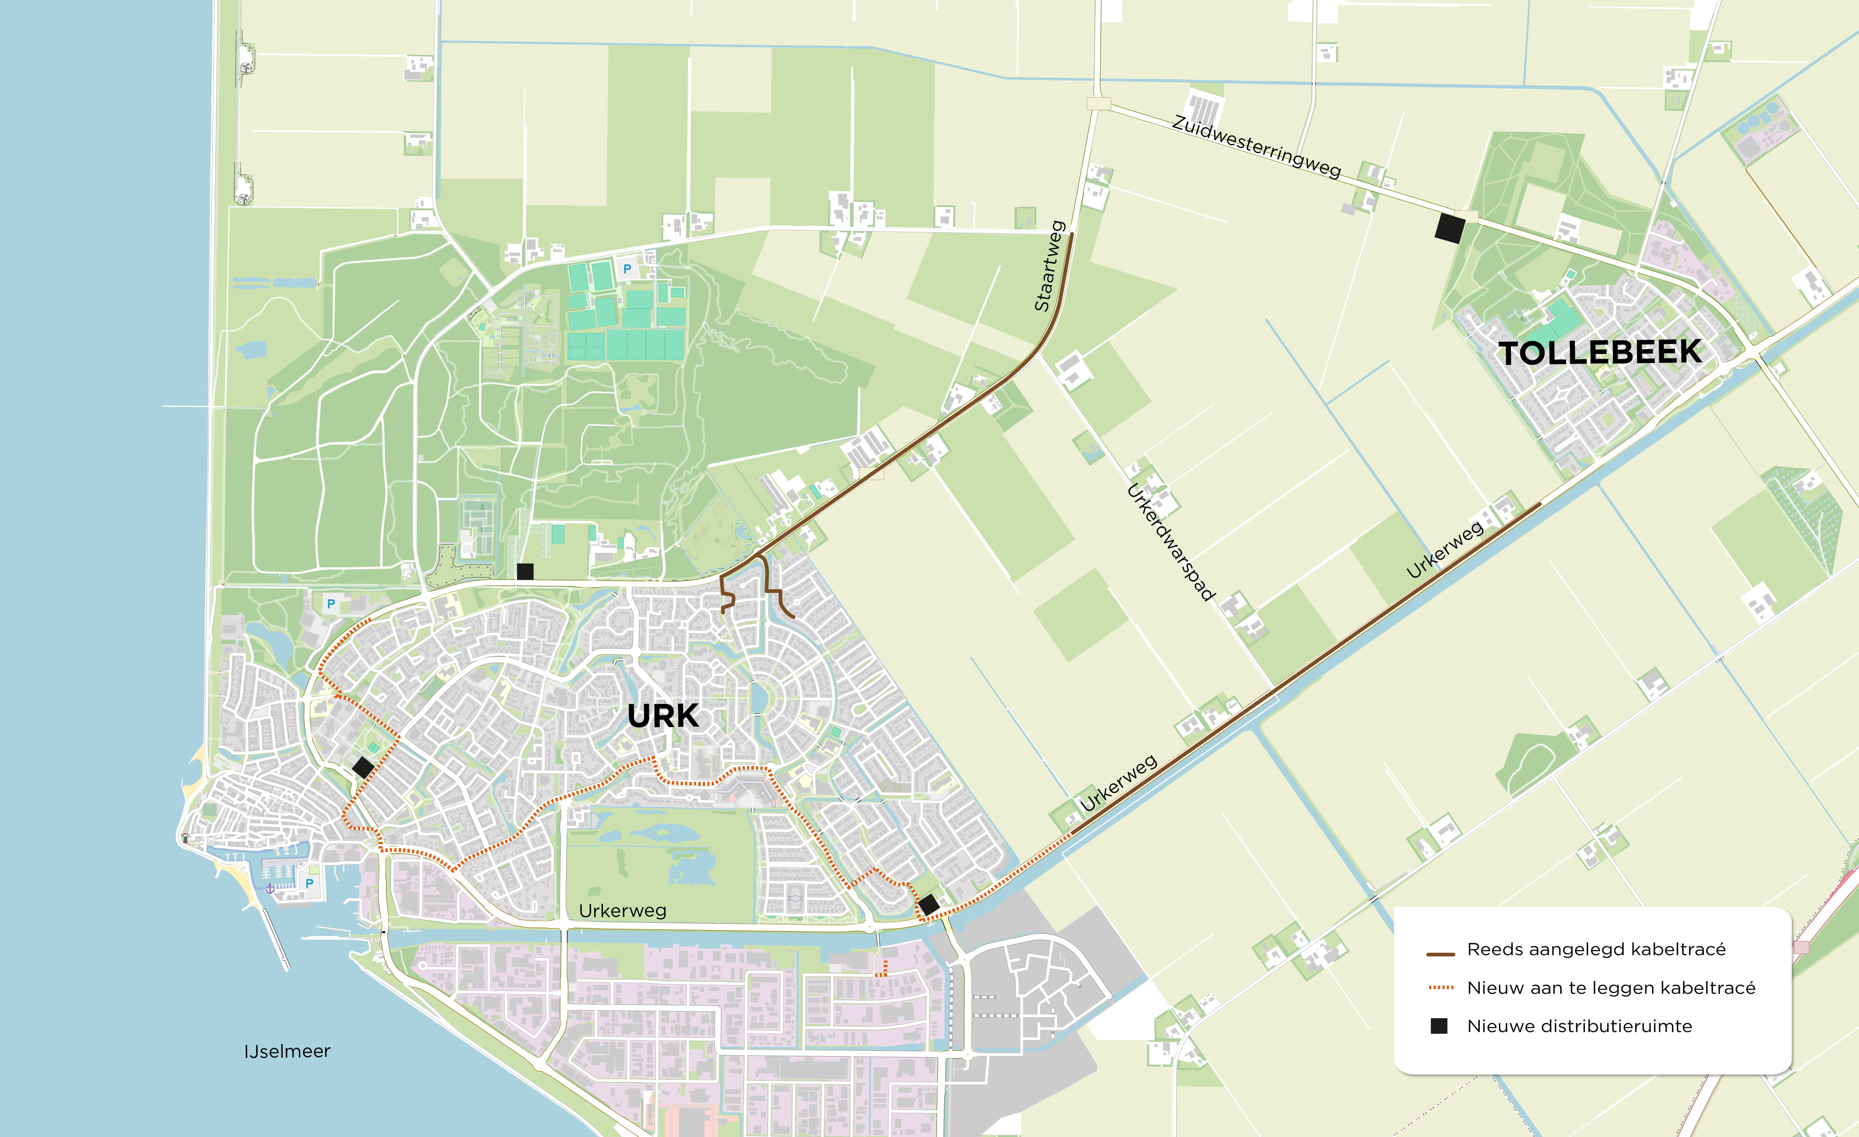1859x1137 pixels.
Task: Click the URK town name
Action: point(663,716)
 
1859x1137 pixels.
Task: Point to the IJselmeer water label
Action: point(287,1051)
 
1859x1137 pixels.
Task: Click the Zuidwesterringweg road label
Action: point(1256,146)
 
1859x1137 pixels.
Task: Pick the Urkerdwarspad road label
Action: point(1171,542)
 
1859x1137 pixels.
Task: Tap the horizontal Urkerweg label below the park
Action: point(622,911)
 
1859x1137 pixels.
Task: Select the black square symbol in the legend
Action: point(1439,1026)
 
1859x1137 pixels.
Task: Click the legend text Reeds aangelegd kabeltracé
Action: point(1596,949)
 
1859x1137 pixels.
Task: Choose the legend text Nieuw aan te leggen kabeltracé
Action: point(1611,988)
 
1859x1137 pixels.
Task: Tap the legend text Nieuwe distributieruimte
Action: point(1579,1026)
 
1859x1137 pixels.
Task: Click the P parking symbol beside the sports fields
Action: point(627,269)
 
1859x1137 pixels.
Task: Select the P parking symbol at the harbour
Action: point(309,883)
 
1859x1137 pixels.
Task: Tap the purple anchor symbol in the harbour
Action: point(269,889)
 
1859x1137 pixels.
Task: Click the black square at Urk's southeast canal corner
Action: point(929,904)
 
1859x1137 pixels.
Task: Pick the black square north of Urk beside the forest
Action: point(525,571)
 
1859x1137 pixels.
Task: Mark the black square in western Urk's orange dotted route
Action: point(363,768)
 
